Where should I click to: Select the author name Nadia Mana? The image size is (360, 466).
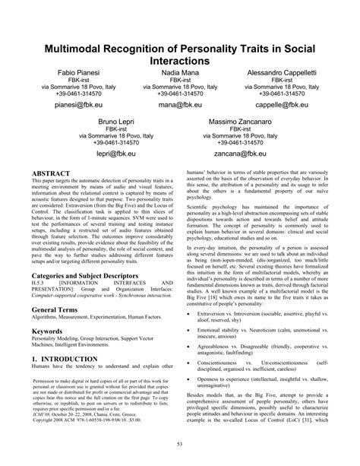pyautogui.click(x=180, y=71)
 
